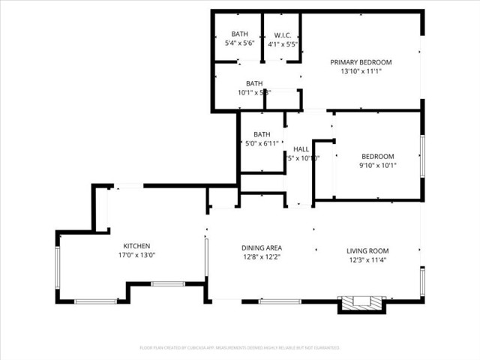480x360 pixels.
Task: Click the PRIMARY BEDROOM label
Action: click(361, 62)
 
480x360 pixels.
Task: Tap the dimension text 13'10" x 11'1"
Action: click(361, 73)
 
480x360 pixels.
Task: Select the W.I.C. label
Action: click(282, 34)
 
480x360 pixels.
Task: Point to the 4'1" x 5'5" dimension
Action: click(282, 43)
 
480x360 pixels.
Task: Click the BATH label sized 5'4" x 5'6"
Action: click(239, 34)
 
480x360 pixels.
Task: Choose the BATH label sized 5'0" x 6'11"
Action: click(262, 133)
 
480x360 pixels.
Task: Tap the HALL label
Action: click(301, 148)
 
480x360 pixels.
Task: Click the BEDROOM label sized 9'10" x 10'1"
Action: click(377, 156)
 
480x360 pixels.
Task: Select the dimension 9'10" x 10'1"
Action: click(377, 166)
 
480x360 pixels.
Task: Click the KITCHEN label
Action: click(137, 246)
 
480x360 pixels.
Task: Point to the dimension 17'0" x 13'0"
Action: click(137, 256)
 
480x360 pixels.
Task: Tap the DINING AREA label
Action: click(261, 248)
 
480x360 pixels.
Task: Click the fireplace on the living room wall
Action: click(362, 304)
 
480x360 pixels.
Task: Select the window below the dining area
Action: click(280, 301)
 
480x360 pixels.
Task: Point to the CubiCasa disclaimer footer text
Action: click(239, 348)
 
